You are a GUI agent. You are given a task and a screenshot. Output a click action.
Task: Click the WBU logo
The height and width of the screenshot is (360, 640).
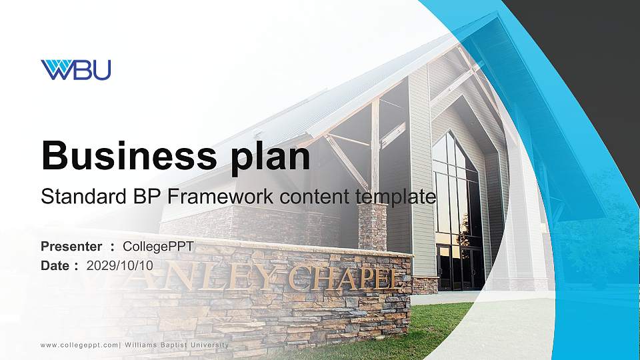pyautogui.click(x=75, y=69)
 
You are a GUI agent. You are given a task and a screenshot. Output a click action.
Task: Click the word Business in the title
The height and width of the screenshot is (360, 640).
pyautogui.click(x=124, y=157)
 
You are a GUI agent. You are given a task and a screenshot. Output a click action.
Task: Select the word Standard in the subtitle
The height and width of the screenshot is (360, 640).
pyautogui.click(x=75, y=197)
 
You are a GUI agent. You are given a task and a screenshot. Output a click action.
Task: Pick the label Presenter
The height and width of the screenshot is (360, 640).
pyautogui.click(x=71, y=247)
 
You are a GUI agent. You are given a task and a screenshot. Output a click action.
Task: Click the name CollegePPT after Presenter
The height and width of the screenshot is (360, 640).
pyautogui.click(x=158, y=247)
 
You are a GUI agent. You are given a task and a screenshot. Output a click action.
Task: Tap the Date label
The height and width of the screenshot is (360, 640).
pyautogui.click(x=56, y=265)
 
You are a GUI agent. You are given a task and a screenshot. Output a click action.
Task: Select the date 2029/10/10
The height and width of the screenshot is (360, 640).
pyautogui.click(x=120, y=265)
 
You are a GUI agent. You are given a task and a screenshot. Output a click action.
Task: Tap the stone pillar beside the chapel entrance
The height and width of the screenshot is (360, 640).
pyautogui.click(x=373, y=227)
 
